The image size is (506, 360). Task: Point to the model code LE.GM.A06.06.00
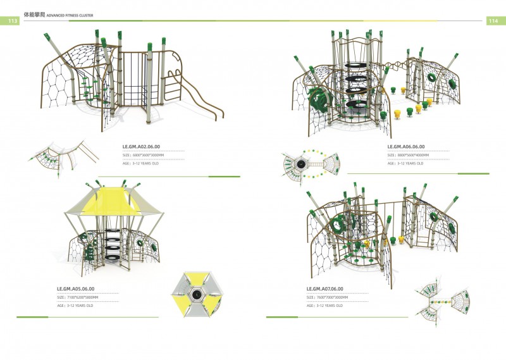406,146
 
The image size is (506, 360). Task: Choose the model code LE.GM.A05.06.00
76,289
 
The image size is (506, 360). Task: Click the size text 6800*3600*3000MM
147,154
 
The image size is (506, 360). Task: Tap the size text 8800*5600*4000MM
412,154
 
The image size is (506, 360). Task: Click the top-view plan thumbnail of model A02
61,158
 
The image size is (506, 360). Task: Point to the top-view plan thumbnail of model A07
445,298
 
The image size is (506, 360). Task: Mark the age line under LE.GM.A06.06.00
405,163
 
